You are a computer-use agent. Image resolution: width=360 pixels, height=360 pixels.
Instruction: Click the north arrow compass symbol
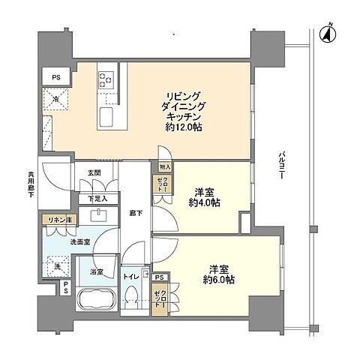point(327,32)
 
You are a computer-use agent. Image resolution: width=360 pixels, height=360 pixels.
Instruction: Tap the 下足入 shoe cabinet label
point(97,199)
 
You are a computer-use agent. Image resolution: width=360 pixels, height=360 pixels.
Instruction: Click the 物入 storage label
point(165,167)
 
